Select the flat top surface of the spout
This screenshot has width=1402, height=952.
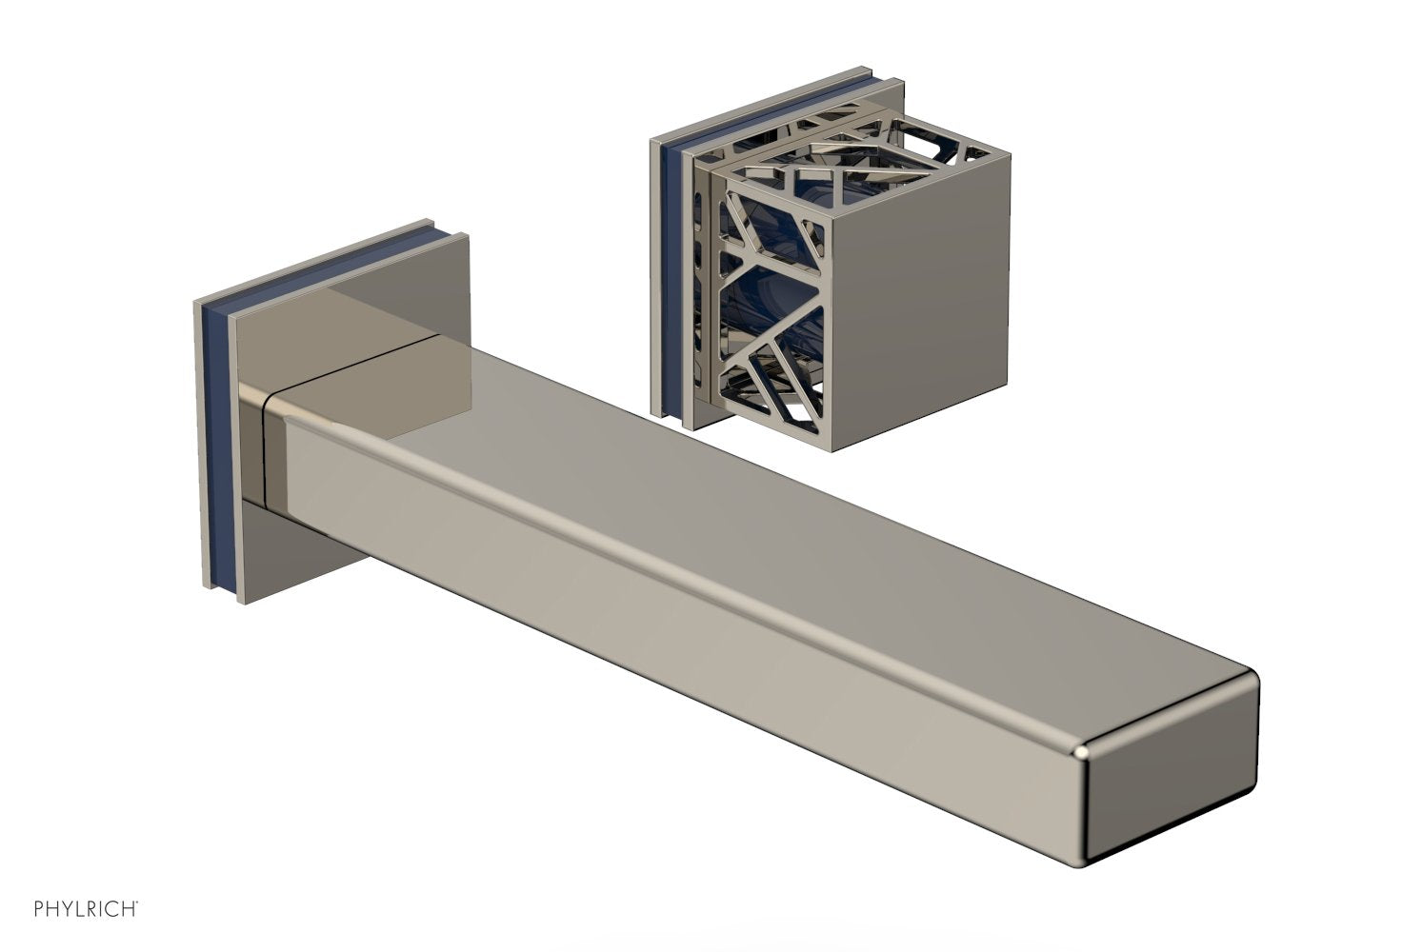[x=751, y=531]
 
